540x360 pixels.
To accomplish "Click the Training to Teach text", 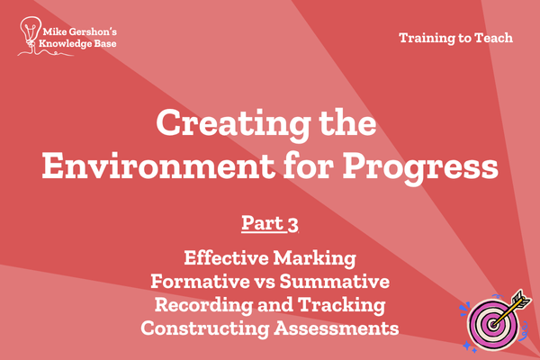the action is [x=455, y=38].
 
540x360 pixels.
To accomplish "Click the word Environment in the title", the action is [x=158, y=166].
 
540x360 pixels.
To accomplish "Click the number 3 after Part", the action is [x=292, y=225].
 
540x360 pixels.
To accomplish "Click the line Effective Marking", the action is [x=270, y=258].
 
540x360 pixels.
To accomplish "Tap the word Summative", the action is [x=335, y=281].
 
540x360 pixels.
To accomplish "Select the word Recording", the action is [x=203, y=306].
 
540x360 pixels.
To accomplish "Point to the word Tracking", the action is [x=342, y=306].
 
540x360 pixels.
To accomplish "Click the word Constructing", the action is [x=205, y=328].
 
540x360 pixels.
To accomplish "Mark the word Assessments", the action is [x=337, y=328].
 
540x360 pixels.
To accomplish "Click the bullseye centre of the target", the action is [x=493, y=324].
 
